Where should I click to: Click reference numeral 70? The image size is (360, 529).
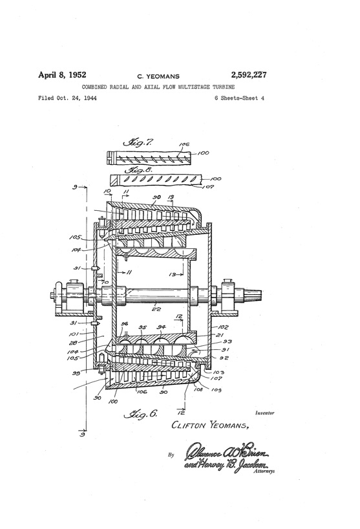click(105, 282)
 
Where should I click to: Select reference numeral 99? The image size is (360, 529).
click(76, 374)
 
